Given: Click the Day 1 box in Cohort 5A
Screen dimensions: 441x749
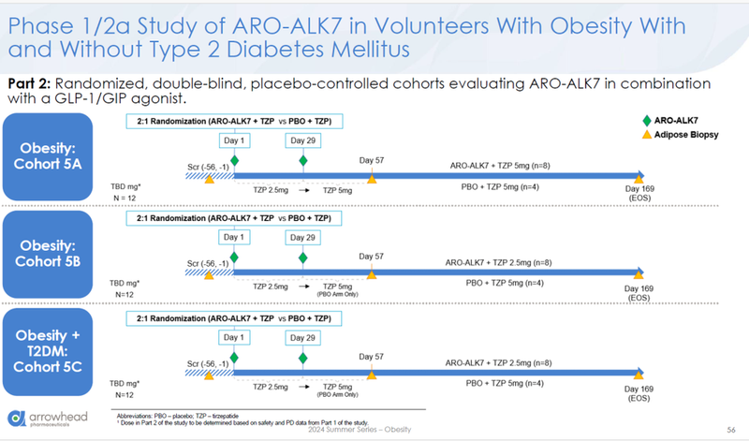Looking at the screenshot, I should coord(234,140).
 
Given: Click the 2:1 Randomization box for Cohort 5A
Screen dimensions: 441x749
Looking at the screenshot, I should coord(235,121).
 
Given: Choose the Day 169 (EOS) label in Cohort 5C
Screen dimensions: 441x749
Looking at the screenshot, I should coord(639,391).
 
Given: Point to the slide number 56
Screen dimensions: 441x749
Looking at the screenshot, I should coord(729,428).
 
